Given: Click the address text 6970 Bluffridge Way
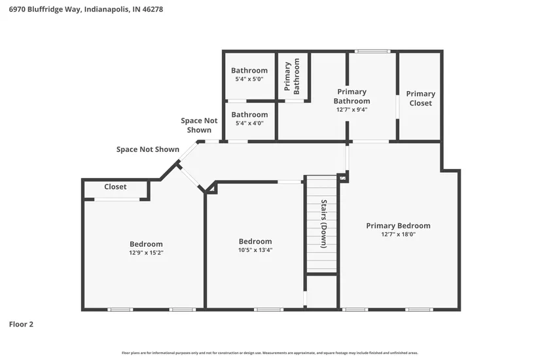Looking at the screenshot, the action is pos(45,9).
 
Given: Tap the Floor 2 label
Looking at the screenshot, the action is pos(21,324).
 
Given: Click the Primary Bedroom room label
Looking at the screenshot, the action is pos(398,226).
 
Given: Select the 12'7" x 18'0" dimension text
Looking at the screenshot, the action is pos(398,234).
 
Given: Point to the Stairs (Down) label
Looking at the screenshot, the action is pos(323,224).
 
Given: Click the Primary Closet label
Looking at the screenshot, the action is pos(420,98).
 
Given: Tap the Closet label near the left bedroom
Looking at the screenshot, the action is pos(115,187).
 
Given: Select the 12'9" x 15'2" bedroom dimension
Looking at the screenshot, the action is pos(146,253).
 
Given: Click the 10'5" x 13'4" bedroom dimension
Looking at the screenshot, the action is pos(255,250).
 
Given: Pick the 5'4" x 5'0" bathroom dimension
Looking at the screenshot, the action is pos(249,79).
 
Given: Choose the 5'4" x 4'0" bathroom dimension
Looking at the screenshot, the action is pos(249,123).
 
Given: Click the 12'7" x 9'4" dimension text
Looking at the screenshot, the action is pos(351,109).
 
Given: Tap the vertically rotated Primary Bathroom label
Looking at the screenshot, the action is pos(292,76).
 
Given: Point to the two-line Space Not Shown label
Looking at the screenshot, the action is pos(199,125).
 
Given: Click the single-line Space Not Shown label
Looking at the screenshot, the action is pos(148,149).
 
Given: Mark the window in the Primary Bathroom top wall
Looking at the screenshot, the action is pos(372,51).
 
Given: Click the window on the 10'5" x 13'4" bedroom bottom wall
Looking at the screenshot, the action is pos(268,310).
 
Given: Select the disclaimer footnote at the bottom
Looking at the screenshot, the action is pos(270,353).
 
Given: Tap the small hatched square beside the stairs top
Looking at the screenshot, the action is pos(343,178).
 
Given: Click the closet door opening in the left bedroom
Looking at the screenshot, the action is pos(117,200).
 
